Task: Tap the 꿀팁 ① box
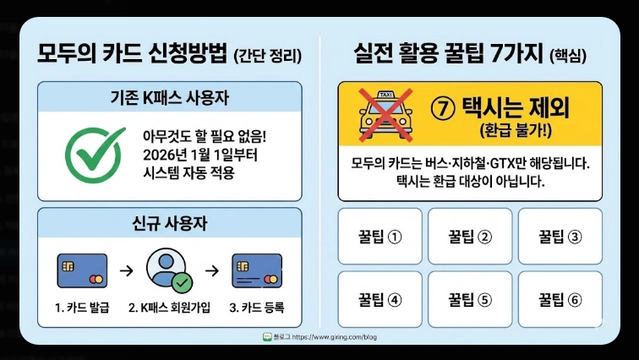pos(380,236)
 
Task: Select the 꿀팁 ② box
pos(470,236)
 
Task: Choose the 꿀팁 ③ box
pos(560,236)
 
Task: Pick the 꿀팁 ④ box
pos(380,298)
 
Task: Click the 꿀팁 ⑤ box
pos(470,298)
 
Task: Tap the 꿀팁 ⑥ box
pos(560,298)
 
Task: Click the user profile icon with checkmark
pos(168,270)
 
